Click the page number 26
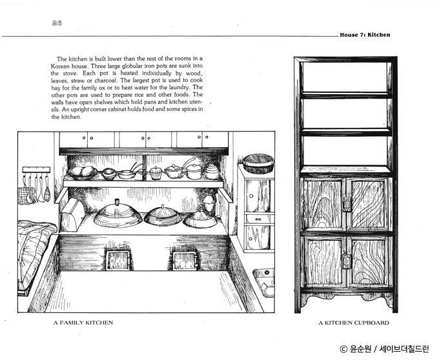point(57,23)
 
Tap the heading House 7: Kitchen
point(365,35)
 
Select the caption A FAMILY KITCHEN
point(83,323)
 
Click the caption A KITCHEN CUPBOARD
point(354,323)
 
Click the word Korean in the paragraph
point(60,66)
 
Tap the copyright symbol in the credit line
point(343,349)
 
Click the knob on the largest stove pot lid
point(117,202)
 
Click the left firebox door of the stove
point(118,261)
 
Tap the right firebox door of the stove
point(185,261)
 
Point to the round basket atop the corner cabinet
point(258,163)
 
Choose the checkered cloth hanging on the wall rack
point(26,195)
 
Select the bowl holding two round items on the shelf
point(83,173)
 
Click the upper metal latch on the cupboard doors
point(347,204)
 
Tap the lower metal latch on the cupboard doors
point(347,261)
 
